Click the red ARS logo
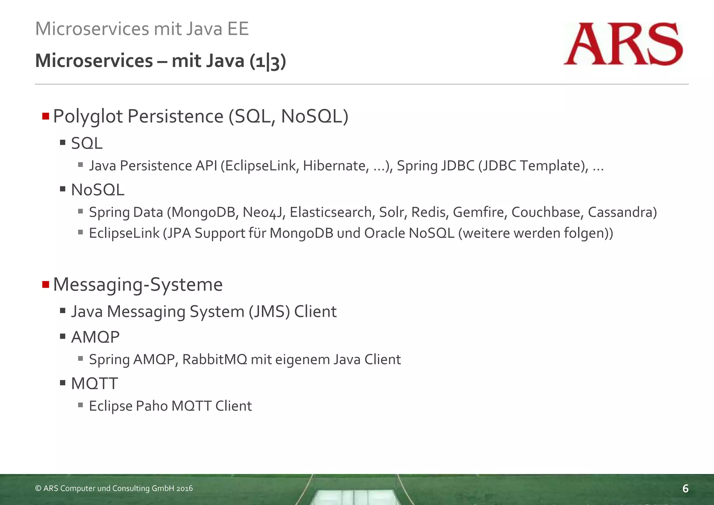click(623, 44)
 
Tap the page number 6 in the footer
click(685, 489)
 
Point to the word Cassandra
click(622, 212)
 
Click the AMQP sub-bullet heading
click(95, 337)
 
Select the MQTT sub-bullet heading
click(94, 383)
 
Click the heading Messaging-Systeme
click(138, 284)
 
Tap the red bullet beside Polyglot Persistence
click(46, 116)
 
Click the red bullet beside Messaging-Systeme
click(46, 284)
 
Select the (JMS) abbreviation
click(269, 311)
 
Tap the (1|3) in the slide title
click(268, 61)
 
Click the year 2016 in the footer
click(184, 489)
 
